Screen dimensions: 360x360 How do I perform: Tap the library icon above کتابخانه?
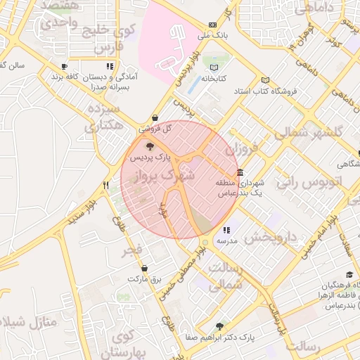tap(214, 68)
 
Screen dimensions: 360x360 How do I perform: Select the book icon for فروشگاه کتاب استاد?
tap(265, 80)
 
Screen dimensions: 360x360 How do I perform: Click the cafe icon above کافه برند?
tap(65, 66)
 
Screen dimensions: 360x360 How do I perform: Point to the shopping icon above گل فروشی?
tap(155, 118)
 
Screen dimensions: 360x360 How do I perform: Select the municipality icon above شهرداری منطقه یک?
tap(240, 172)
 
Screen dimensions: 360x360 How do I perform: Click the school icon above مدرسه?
tap(226, 230)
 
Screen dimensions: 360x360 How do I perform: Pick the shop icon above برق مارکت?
tap(145, 268)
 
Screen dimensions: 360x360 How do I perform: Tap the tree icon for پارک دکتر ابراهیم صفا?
tap(219, 326)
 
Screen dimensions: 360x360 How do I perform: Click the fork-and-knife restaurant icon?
tap(105, 186)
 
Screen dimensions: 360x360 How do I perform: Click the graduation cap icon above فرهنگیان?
tap(349, 274)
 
